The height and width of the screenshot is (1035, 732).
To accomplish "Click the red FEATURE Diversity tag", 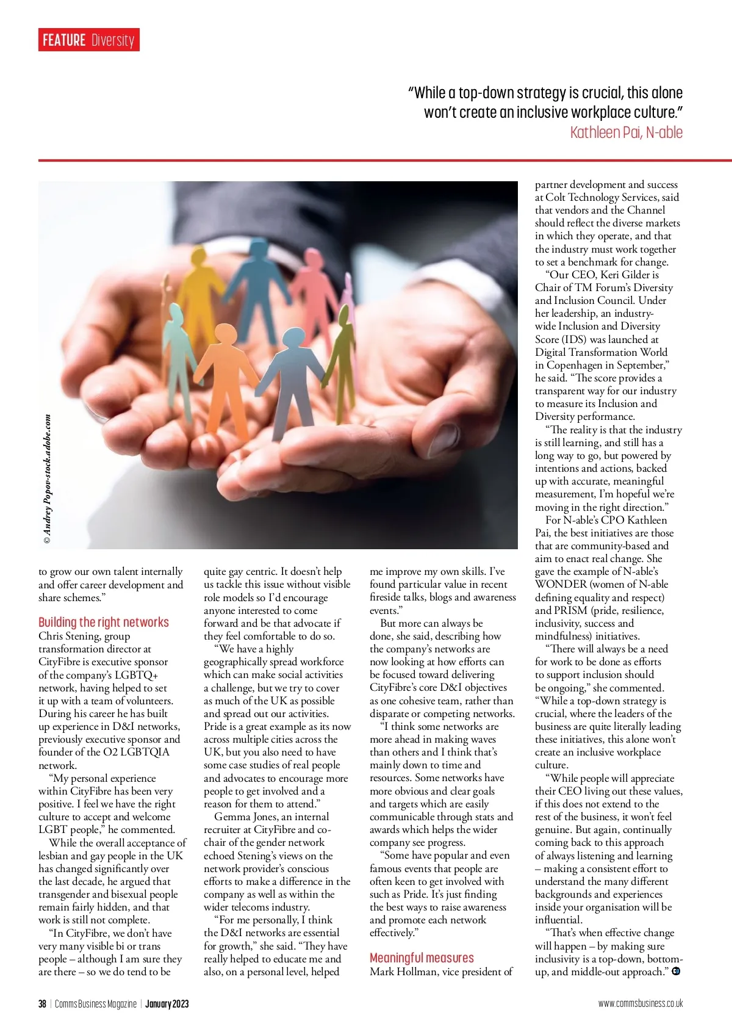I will [x=88, y=40].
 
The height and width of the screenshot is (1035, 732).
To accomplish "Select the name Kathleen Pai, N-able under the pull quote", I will [x=626, y=132].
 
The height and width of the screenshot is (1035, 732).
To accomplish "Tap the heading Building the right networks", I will [x=104, y=622].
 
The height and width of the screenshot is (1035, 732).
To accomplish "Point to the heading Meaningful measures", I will [x=422, y=958].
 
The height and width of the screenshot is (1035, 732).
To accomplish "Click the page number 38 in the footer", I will [x=42, y=1004].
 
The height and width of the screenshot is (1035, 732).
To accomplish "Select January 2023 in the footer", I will [x=167, y=1004].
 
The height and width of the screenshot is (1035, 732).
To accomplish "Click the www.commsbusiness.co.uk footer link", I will [x=640, y=1004].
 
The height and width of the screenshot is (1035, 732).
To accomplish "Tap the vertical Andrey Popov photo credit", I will [x=48, y=479].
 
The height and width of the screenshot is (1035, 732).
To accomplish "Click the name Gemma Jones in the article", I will [x=242, y=817].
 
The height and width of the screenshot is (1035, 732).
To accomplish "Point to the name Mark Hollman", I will [x=403, y=972].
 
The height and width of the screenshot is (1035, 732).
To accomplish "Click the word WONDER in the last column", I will [x=560, y=584].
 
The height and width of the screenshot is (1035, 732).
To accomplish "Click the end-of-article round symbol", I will [x=676, y=971].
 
